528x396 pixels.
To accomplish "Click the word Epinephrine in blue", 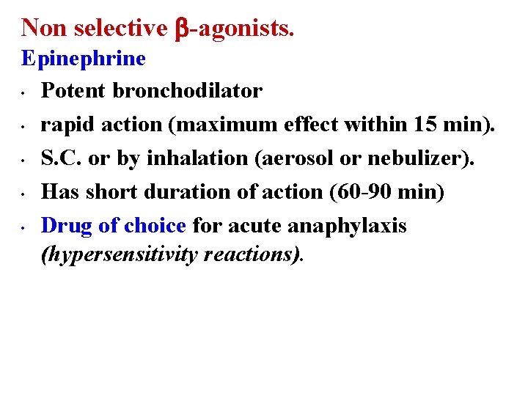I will (x=84, y=58).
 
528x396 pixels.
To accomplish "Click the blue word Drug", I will (x=67, y=226).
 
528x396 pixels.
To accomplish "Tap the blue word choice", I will (x=155, y=226).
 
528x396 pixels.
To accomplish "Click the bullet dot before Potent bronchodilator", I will (x=25, y=93).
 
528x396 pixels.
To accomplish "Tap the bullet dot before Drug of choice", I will (x=25, y=228).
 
